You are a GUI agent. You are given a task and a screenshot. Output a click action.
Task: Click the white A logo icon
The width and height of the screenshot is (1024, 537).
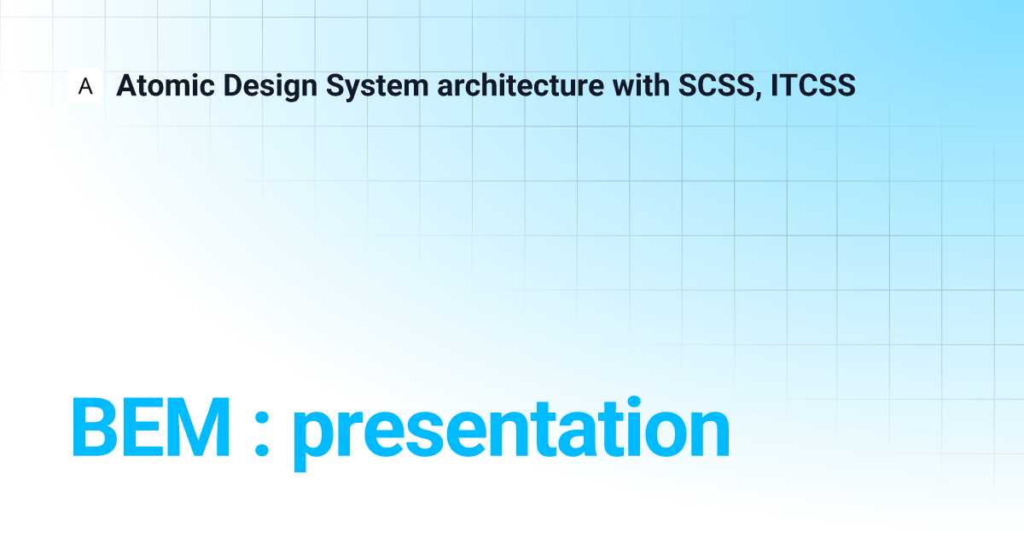click(85, 85)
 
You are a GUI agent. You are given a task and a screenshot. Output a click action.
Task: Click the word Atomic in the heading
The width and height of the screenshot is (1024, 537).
click(166, 85)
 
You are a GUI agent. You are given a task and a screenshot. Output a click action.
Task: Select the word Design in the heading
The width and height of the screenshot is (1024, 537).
click(271, 87)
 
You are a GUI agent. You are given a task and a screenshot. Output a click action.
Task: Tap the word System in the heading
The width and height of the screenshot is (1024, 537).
click(377, 87)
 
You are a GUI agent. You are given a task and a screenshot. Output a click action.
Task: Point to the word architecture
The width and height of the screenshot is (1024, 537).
click(521, 85)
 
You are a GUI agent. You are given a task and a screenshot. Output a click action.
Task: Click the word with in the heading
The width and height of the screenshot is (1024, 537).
click(641, 85)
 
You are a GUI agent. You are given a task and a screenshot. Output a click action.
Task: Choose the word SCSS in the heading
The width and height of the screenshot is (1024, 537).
click(716, 85)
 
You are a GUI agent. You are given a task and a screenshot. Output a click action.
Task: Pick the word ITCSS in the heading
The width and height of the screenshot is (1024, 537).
click(812, 85)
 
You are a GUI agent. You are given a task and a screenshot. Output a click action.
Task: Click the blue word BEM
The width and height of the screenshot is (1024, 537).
click(150, 426)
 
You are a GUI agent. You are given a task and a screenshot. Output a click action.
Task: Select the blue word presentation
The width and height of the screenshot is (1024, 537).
click(511, 433)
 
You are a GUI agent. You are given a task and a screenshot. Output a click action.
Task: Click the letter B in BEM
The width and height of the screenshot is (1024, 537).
click(95, 426)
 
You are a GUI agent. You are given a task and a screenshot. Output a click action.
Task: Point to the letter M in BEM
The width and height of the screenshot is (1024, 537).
click(197, 426)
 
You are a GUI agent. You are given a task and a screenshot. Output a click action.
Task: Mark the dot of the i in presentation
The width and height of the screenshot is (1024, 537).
click(634, 402)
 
